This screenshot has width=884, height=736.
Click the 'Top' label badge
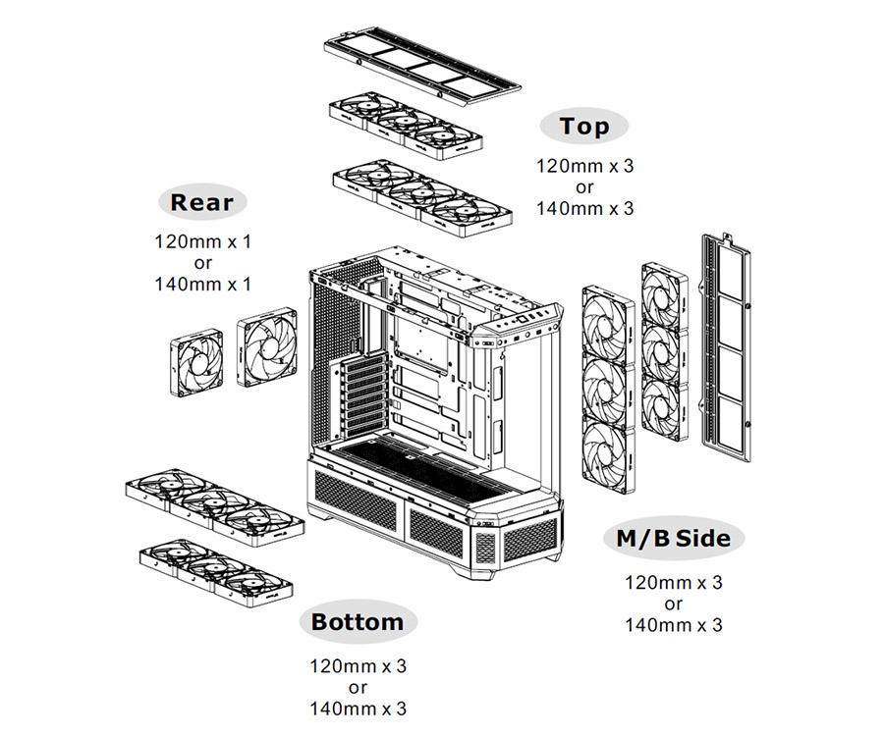(x=584, y=126)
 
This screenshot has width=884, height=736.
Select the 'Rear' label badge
(x=201, y=203)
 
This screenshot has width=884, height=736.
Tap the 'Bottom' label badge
(x=357, y=621)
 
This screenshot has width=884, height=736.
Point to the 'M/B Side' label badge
(x=673, y=538)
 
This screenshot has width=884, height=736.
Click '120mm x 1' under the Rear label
(x=202, y=240)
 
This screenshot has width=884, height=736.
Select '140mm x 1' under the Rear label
(x=202, y=284)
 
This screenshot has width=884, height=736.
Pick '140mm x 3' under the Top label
(x=584, y=208)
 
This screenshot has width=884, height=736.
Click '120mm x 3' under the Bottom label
(x=358, y=666)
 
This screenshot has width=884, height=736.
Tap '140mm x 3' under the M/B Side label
(x=673, y=625)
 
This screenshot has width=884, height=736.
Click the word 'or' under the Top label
(x=584, y=186)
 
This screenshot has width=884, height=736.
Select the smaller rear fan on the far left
(x=197, y=364)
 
